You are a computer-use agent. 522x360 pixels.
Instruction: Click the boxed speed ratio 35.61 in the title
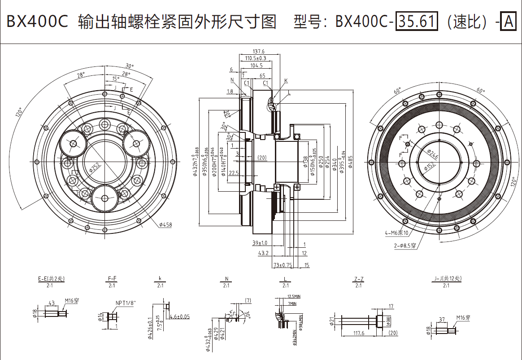(x=416, y=21)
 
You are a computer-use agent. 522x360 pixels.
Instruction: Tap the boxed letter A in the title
(x=508, y=21)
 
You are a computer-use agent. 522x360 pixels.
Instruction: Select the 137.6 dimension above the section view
(x=259, y=52)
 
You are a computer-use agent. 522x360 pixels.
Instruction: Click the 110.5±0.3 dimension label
(x=256, y=58)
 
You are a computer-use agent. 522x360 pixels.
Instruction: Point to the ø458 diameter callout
(x=165, y=224)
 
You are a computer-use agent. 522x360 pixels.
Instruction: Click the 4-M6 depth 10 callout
(x=396, y=233)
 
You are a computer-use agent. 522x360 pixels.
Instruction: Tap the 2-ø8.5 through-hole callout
(x=405, y=246)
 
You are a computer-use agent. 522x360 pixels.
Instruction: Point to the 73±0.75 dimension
(x=283, y=265)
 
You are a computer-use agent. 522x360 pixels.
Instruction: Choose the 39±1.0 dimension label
(x=259, y=243)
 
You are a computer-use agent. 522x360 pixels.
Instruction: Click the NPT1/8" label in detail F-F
(x=126, y=303)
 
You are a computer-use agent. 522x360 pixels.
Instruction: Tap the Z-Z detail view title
(x=358, y=279)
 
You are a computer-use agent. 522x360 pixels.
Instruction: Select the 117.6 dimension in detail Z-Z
(x=358, y=334)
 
